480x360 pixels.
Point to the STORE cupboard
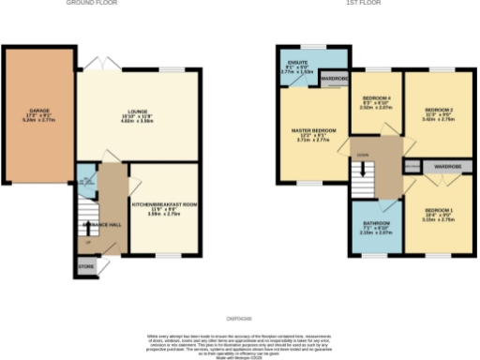pyautogui.click(x=85, y=265)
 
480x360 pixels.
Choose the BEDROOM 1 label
pyautogui.click(x=438, y=213)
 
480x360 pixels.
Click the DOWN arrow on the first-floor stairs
pyautogui.click(x=361, y=169)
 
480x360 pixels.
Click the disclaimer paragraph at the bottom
pyautogui.click(x=240, y=341)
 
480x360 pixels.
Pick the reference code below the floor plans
pyautogui.click(x=240, y=319)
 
